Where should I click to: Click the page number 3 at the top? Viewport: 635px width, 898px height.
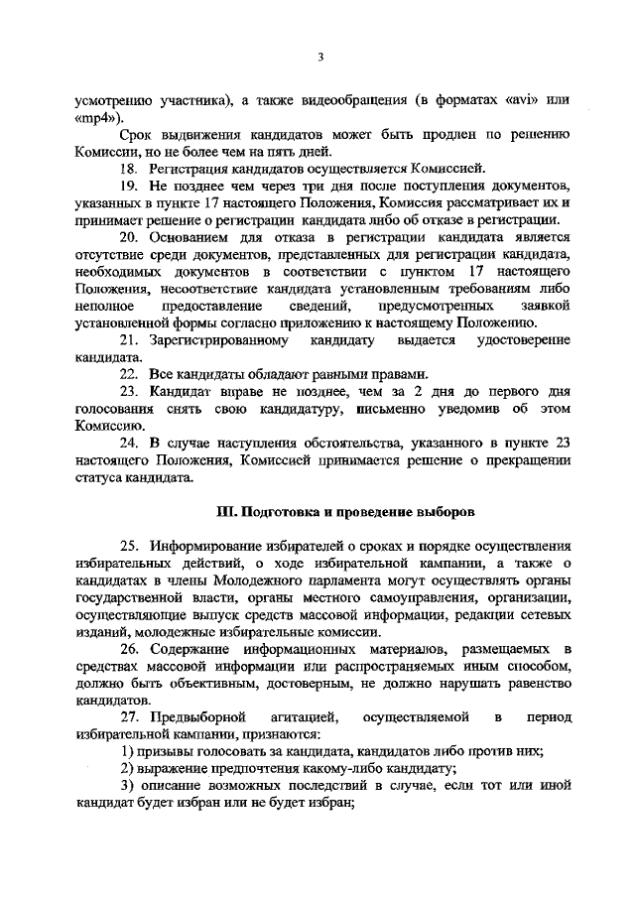pos(320,57)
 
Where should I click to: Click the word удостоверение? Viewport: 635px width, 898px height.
pos(527,340)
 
